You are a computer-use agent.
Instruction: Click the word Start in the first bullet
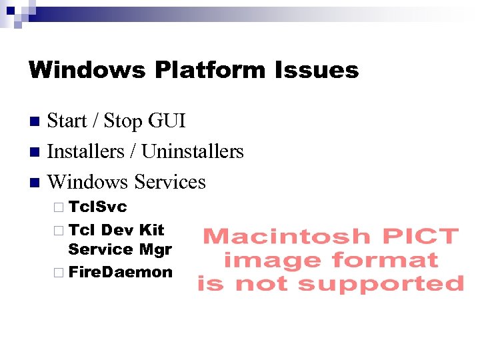pyautogui.click(x=67, y=121)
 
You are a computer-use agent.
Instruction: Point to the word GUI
pyautogui.click(x=167, y=121)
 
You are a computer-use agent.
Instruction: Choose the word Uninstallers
pyautogui.click(x=193, y=152)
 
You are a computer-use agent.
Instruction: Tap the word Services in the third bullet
pyautogui.click(x=170, y=182)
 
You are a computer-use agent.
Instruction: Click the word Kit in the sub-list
pyautogui.click(x=151, y=230)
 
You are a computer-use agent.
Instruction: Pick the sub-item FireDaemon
pyautogui.click(x=120, y=272)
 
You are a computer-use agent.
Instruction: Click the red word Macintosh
pyautogui.click(x=286, y=236)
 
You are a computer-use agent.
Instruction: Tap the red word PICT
pyautogui.click(x=419, y=236)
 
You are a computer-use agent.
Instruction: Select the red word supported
pyautogui.click(x=381, y=285)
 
